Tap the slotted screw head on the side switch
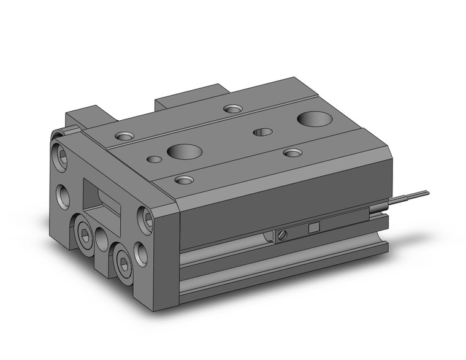pos(283,234)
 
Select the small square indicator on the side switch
pos(313,228)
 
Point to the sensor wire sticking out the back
pos(408,197)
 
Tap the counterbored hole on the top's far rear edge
pos(232,109)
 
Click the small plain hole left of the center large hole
pos(155,159)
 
